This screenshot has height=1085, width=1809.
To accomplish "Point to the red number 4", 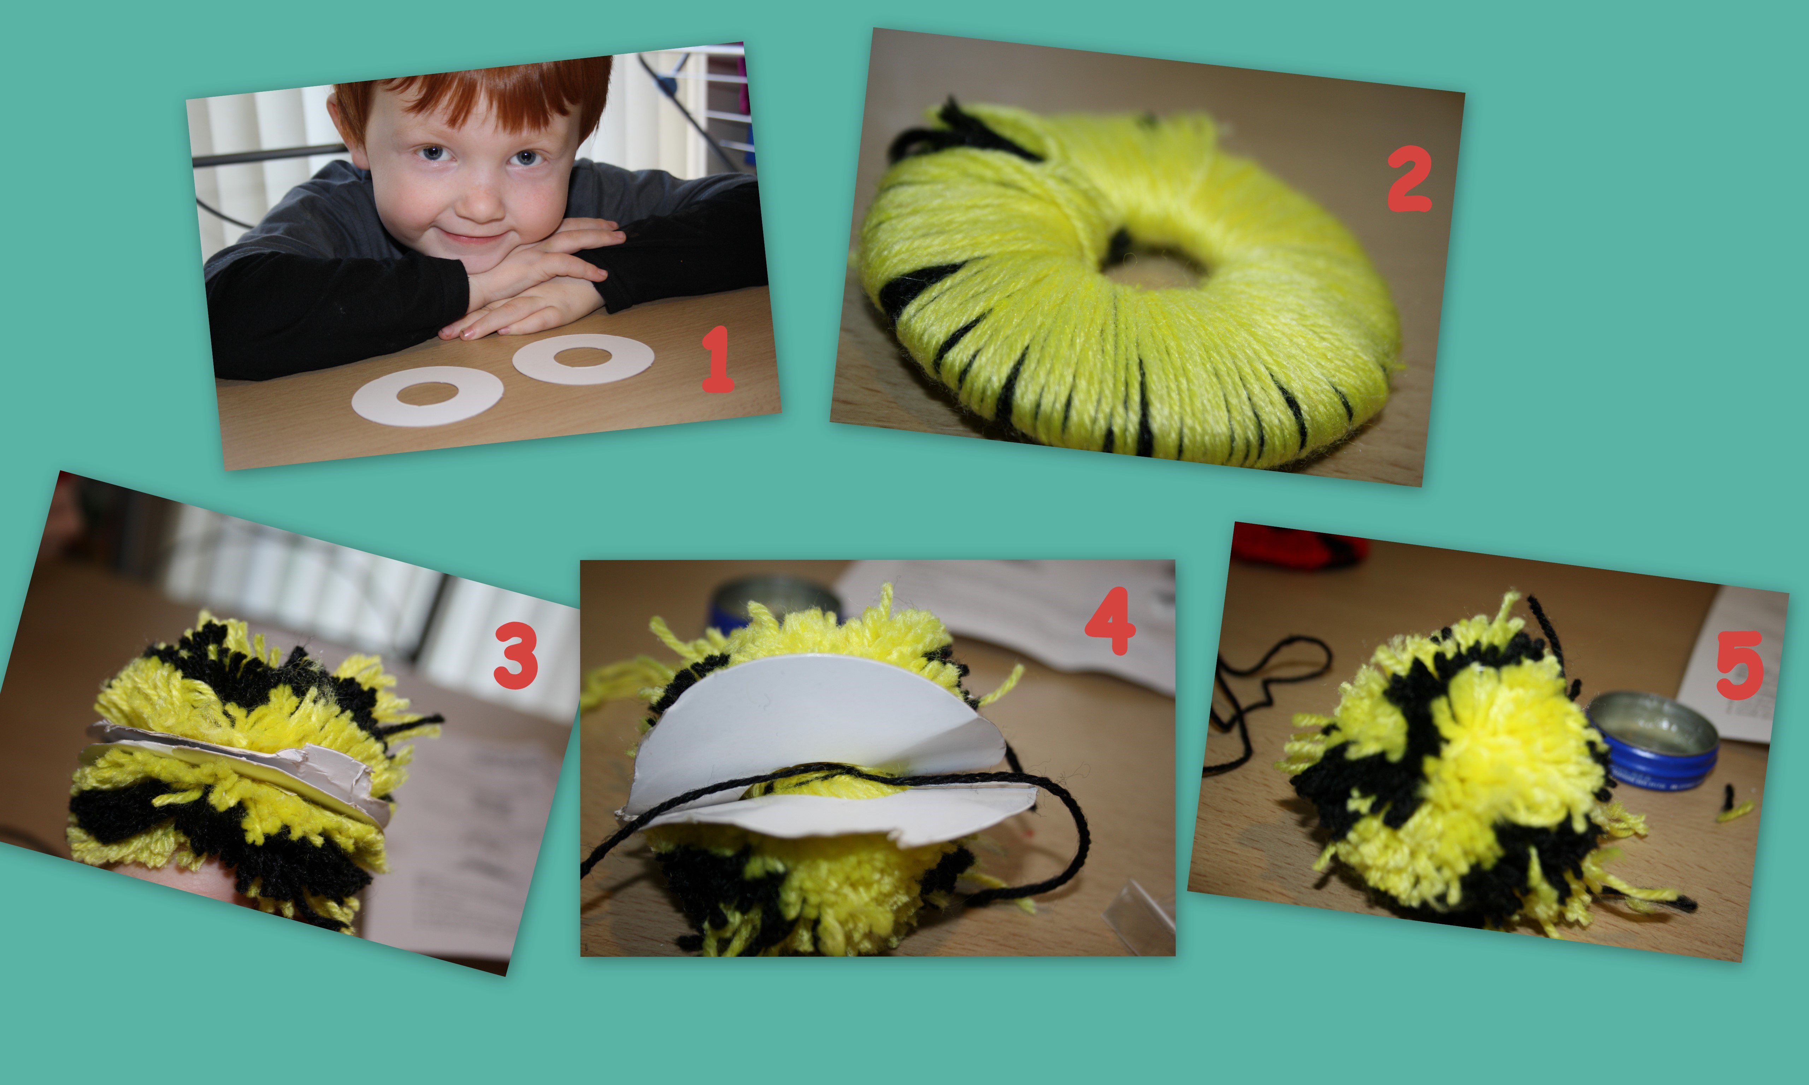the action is (x=1110, y=621).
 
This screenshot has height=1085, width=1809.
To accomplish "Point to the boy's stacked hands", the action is (x=534, y=281).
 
